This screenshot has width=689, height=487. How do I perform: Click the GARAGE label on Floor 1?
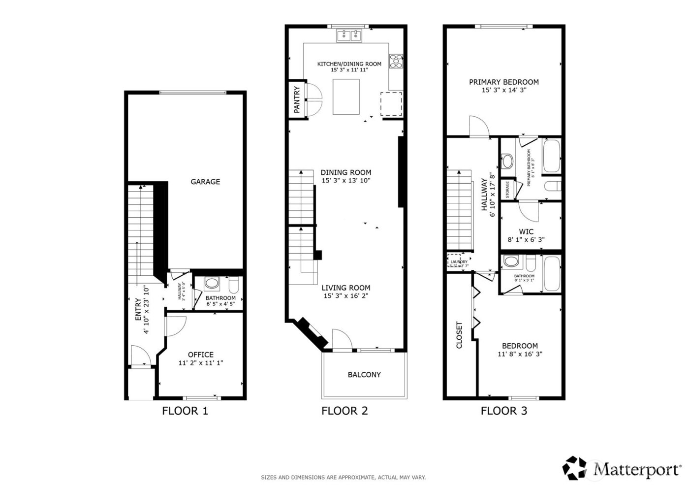[205, 182]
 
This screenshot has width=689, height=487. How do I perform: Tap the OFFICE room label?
[201, 355]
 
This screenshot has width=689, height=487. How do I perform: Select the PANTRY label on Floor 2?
[297, 100]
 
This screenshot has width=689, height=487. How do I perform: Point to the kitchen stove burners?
[396, 61]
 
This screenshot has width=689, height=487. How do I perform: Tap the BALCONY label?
[364, 374]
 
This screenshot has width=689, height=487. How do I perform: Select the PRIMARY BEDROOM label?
[503, 82]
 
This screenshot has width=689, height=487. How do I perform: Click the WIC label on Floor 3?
[526, 231]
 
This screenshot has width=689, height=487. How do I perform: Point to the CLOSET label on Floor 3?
[460, 335]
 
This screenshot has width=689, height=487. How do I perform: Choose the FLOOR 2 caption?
[344, 411]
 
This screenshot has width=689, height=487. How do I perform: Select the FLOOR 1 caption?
[185, 411]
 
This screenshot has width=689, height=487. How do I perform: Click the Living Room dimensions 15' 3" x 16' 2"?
[346, 296]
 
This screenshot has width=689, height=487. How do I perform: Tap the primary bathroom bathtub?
[552, 157]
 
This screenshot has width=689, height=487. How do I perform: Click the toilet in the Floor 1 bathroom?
[233, 285]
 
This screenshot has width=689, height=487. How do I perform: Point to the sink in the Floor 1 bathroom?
[212, 284]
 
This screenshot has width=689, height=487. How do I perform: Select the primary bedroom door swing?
[478, 127]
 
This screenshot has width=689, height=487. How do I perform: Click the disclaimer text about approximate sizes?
[343, 477]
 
